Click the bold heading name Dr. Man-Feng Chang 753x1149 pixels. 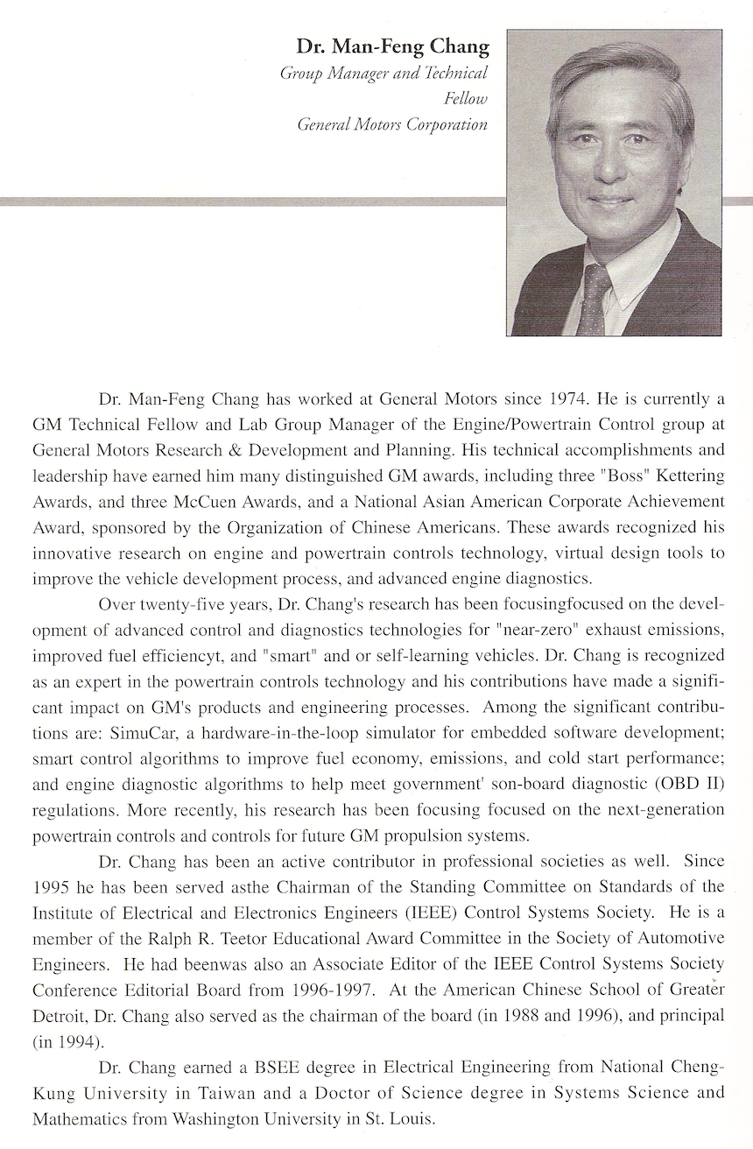(x=391, y=46)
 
